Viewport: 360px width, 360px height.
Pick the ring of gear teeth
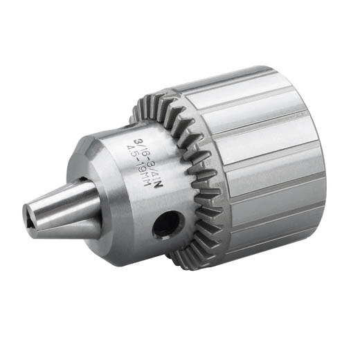pyautogui.click(x=196, y=173)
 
